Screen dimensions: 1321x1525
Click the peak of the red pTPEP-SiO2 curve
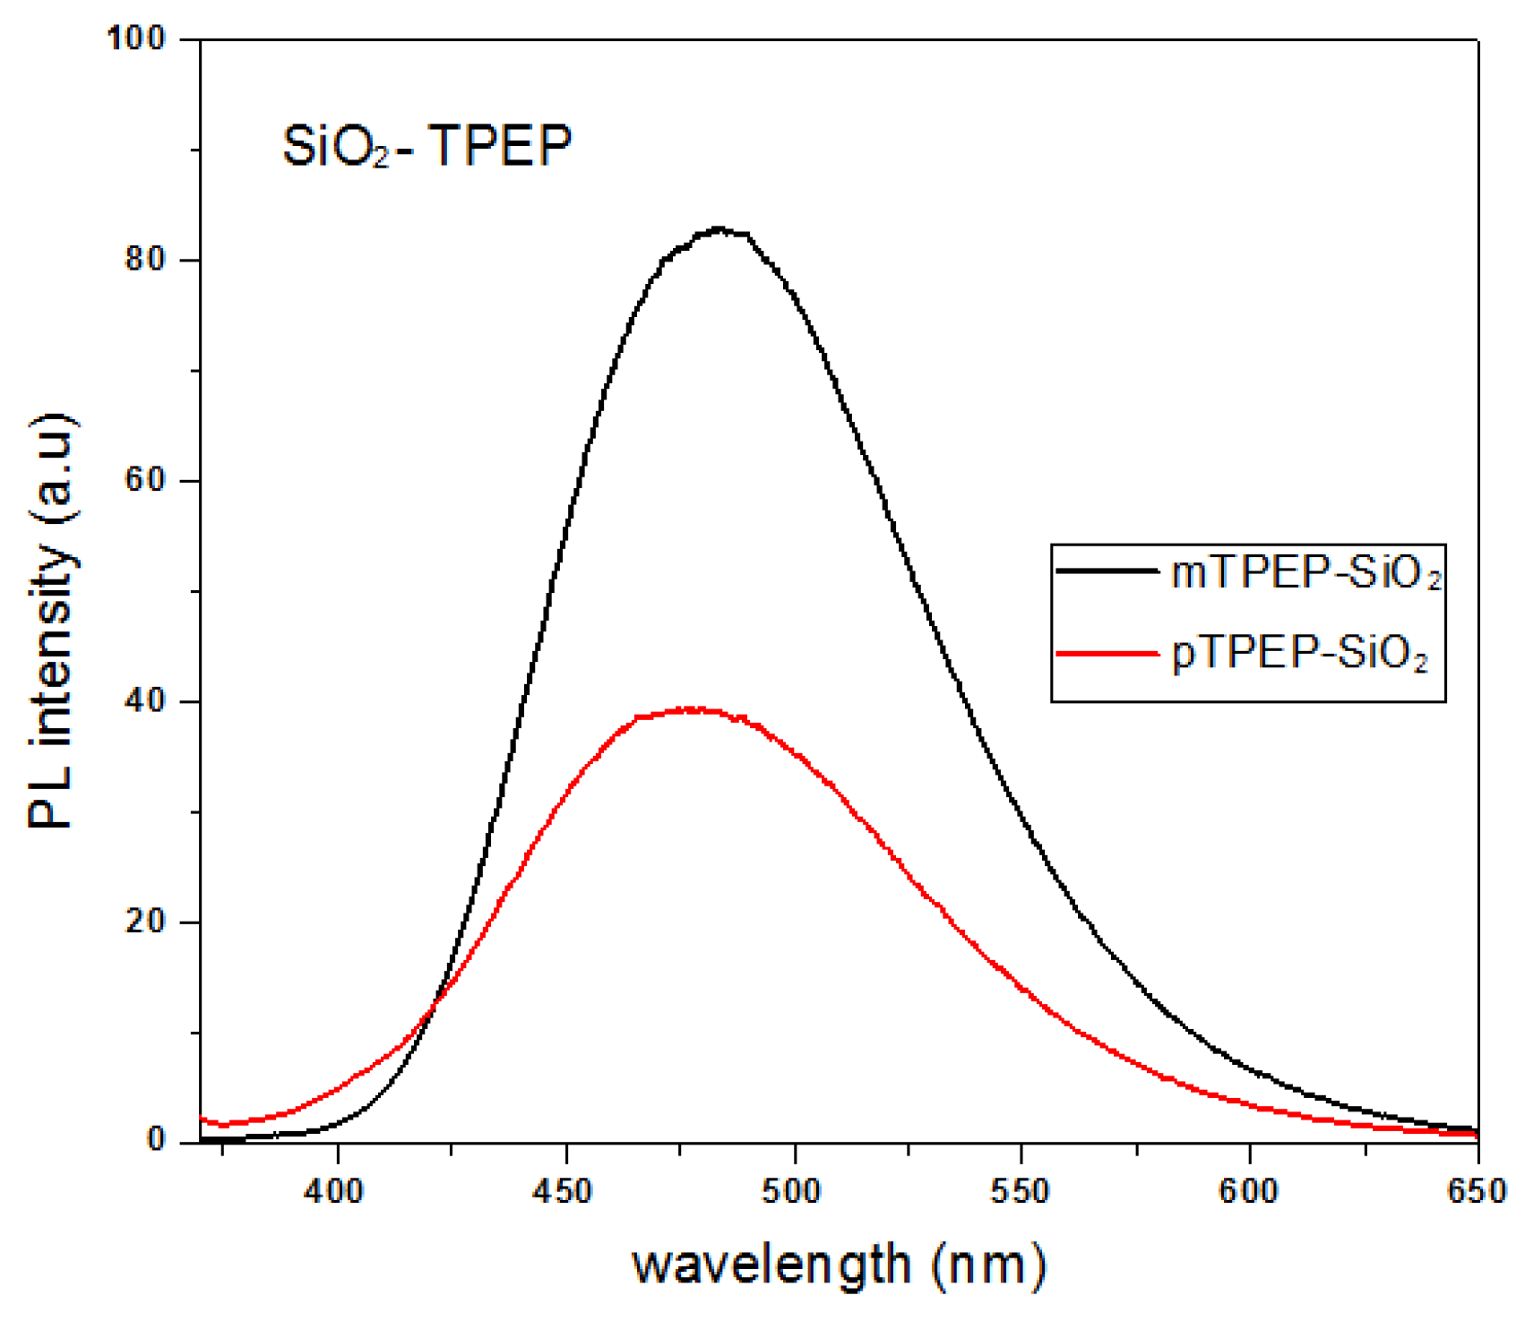[694, 710]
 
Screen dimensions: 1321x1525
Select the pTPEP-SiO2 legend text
[1299, 655]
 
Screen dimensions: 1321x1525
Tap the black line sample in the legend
[1107, 571]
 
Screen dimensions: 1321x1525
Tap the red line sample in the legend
[1107, 653]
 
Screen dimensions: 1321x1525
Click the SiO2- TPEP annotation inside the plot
[426, 147]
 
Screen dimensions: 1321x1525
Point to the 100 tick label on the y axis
[136, 39]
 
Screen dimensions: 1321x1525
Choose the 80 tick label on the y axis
[146, 260]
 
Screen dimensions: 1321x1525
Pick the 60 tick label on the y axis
[146, 481]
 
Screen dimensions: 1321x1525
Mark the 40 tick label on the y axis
[146, 701]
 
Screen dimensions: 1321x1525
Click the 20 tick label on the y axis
[146, 922]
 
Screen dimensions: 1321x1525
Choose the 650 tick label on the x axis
[1477, 1192]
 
